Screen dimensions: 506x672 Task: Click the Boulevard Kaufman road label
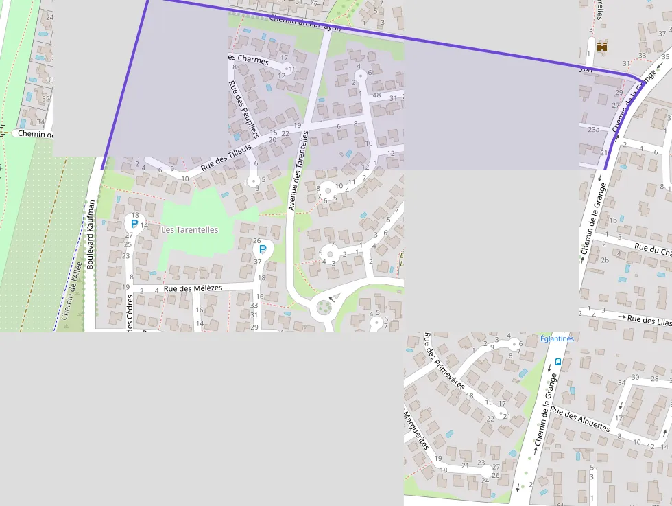[90, 234]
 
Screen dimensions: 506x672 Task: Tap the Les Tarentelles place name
[189, 230]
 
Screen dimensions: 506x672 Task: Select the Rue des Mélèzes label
[193, 288]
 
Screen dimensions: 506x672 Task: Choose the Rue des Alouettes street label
[579, 419]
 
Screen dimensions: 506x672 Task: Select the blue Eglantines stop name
[556, 338]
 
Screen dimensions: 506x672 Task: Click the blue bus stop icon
[557, 361]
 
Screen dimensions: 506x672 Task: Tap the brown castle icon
[602, 47]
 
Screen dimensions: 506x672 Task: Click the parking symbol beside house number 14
[134, 224]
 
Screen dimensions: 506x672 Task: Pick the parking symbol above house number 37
[262, 250]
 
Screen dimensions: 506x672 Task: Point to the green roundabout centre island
[324, 307]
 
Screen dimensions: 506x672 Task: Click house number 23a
[593, 129]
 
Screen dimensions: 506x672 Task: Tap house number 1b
[612, 220]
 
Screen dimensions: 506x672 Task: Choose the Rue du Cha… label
[652, 249]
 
